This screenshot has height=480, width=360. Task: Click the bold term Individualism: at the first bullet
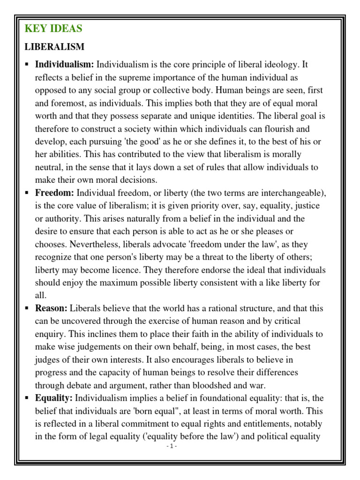pyautogui.click(x=65, y=64)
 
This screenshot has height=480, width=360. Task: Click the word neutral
pyautogui.click(x=49, y=167)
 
